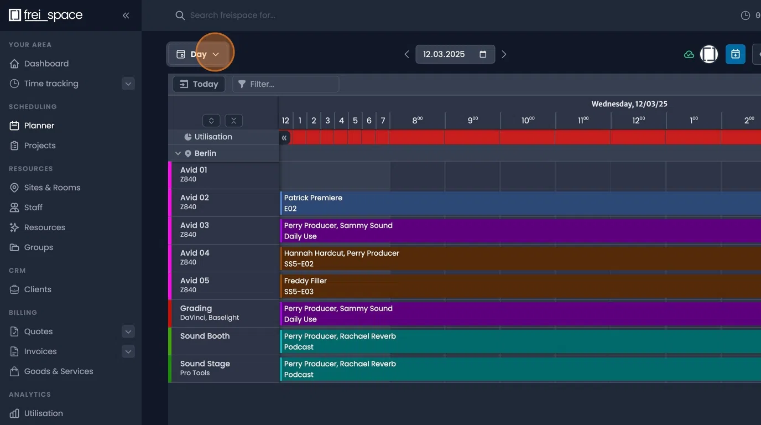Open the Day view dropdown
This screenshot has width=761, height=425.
(x=198, y=54)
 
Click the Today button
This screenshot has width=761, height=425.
(x=199, y=84)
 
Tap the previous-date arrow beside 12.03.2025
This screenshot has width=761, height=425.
(x=407, y=54)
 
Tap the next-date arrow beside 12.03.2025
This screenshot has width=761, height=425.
(x=504, y=54)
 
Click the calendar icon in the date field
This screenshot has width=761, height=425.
(x=483, y=54)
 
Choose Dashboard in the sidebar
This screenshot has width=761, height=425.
(x=46, y=64)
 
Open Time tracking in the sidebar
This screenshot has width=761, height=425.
(x=51, y=84)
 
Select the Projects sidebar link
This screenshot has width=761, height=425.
(x=40, y=146)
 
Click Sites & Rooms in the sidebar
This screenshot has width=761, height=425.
(x=52, y=188)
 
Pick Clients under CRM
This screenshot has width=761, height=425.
(x=38, y=289)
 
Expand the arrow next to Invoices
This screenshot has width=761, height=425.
(x=128, y=351)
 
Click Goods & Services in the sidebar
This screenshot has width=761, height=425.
(x=59, y=371)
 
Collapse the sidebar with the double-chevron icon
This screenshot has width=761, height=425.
(x=126, y=15)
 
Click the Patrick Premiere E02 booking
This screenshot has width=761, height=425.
(x=498, y=203)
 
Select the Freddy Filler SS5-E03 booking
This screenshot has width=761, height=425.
(x=498, y=286)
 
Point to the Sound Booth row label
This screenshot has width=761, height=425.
(x=205, y=336)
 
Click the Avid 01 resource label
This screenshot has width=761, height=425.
(x=194, y=170)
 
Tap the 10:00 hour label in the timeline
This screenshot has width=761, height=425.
(x=528, y=120)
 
